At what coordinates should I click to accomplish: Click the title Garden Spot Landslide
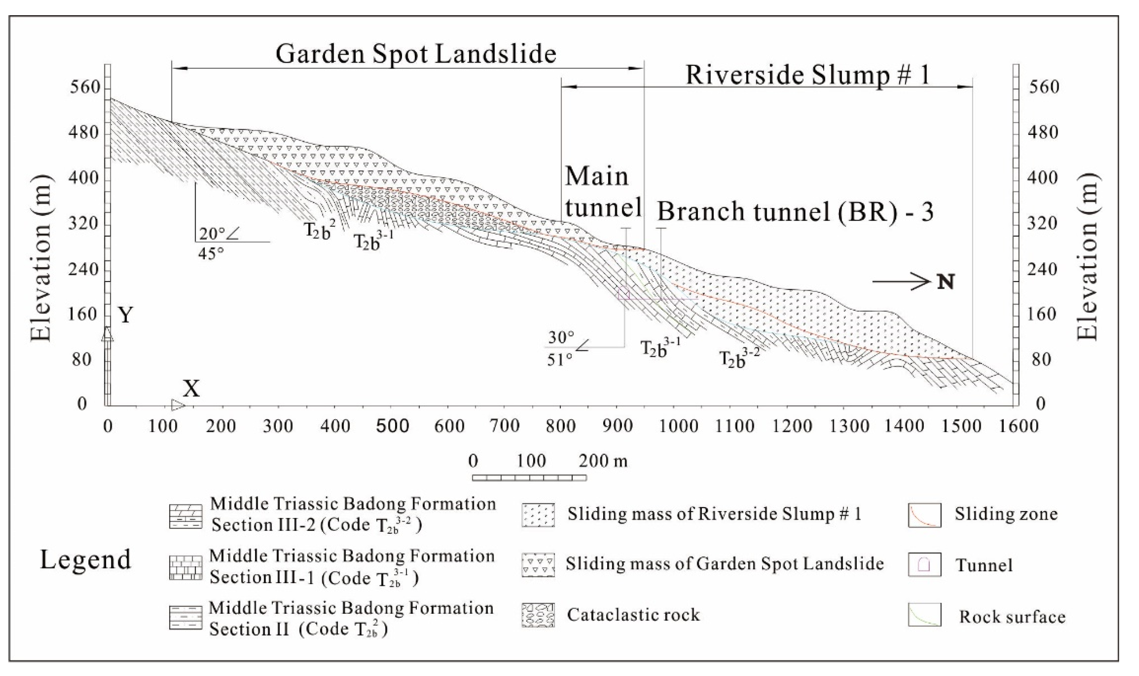coord(415,55)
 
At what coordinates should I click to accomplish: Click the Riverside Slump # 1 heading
coord(807,75)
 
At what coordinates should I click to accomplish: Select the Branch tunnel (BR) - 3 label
coord(795,212)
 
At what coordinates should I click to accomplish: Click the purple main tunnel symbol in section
coord(624,294)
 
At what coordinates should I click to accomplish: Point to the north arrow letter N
coord(946,283)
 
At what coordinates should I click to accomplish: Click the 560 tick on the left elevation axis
coord(85,88)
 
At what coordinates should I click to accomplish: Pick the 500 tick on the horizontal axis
coord(392,426)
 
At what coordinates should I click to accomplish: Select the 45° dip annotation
coord(211,253)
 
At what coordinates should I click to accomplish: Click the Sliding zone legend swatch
coord(924,515)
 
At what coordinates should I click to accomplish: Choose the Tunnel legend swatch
coord(924,565)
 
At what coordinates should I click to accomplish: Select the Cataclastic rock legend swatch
coord(538,615)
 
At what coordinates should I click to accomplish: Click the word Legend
coord(86,560)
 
